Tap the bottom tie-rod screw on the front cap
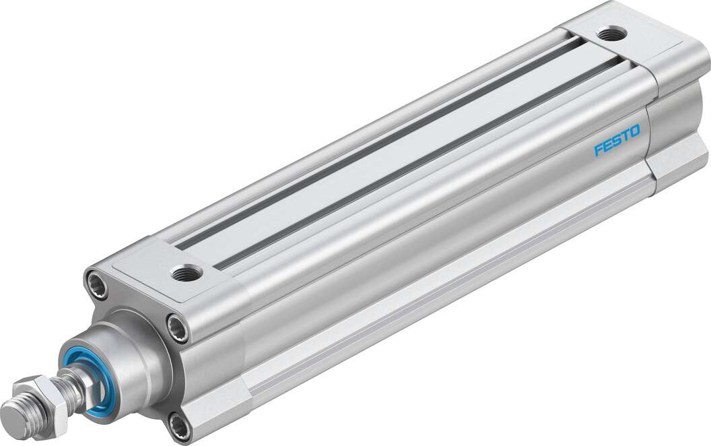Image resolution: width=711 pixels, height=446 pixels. coord(178,424)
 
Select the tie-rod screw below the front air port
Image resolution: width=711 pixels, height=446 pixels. coord(178,328)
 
